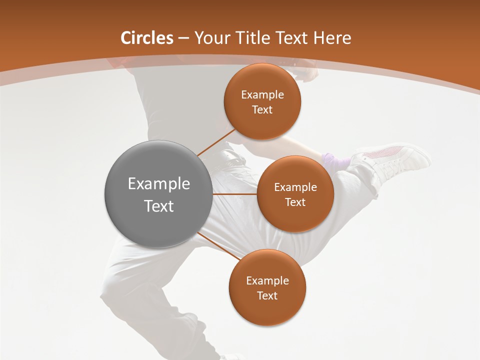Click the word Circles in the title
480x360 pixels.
146,38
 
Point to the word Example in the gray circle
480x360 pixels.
159,184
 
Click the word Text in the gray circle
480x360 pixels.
159,206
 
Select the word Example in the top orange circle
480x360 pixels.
262,95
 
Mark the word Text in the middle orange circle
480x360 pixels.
295,202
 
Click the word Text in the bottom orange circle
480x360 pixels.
267,296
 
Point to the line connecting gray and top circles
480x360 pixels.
216,142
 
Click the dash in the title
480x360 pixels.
183,38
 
